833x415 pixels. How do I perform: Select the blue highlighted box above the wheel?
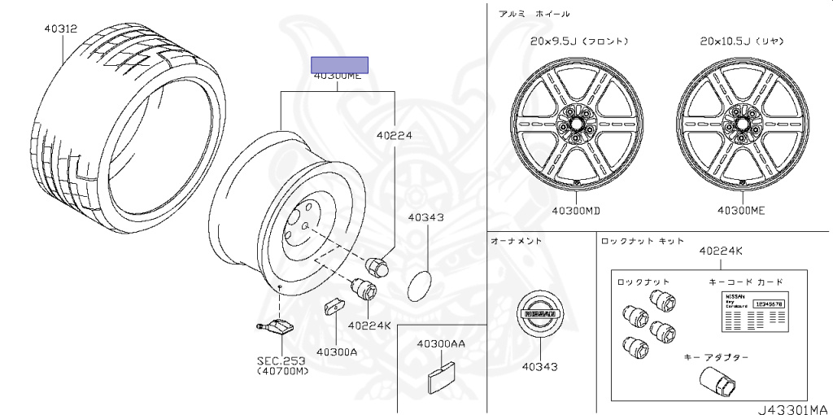point(341,65)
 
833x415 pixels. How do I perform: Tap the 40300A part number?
point(337,352)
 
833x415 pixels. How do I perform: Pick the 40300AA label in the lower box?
point(441,344)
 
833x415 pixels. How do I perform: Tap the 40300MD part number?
point(576,211)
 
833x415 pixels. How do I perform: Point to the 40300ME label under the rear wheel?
point(741,211)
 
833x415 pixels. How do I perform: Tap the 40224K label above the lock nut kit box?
point(720,251)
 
